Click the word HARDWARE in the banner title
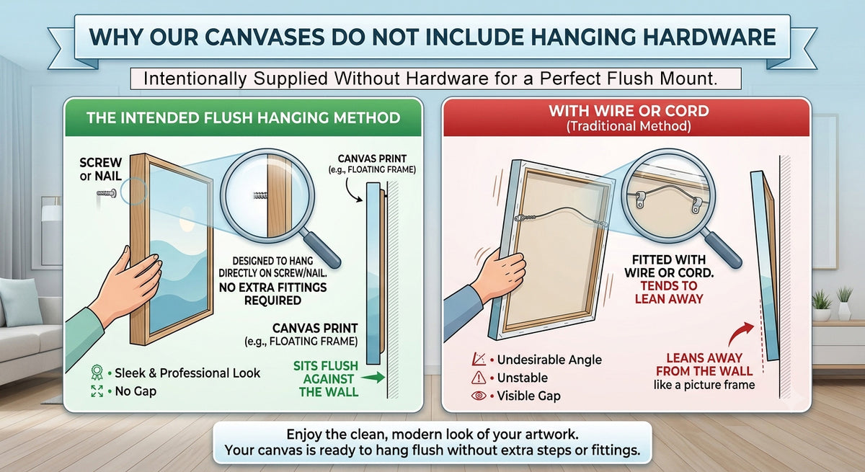coord(710,37)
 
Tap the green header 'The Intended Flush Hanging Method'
coord(244,117)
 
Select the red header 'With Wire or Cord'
coord(629,111)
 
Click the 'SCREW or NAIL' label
coord(100,169)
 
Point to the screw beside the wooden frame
coord(107,193)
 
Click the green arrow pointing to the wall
coord(373,378)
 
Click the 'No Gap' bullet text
coord(136,391)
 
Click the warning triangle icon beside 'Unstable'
coord(479,378)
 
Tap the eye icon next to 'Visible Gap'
coord(479,396)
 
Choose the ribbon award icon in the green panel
coord(97,373)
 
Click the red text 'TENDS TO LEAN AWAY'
coord(669,292)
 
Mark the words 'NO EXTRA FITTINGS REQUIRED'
coord(272,294)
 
